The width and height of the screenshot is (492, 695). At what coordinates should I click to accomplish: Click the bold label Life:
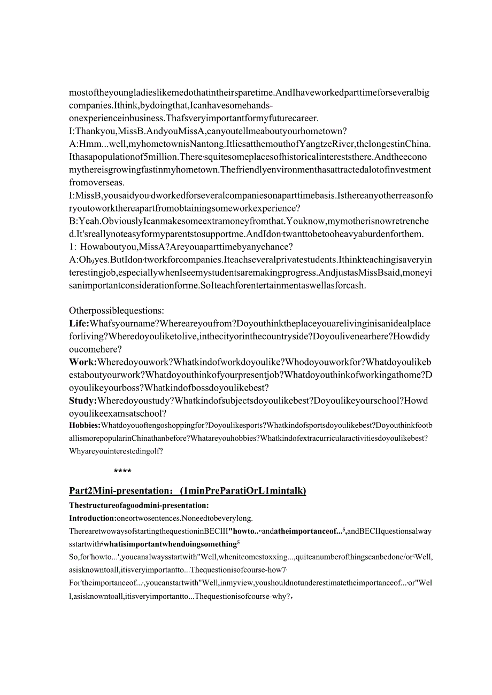(x=79, y=324)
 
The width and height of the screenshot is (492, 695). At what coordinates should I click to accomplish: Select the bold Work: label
(x=81, y=362)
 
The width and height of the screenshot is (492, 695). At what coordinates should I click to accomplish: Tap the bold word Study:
(x=83, y=401)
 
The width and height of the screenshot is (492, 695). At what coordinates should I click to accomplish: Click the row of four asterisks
(x=122, y=471)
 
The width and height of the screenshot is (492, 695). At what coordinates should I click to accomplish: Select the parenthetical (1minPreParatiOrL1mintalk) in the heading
(x=243, y=491)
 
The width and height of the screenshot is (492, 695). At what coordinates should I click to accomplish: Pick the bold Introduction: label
(x=93, y=518)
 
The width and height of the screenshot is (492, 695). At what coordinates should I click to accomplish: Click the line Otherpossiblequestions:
(x=117, y=311)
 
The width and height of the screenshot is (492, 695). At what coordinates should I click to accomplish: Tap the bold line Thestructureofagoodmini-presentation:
(x=139, y=505)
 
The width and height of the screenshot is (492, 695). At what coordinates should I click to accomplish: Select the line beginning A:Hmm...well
(x=250, y=144)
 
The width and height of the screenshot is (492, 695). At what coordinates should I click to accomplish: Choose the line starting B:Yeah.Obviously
(x=249, y=221)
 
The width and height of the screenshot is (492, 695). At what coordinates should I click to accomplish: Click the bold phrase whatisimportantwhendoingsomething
(x=170, y=544)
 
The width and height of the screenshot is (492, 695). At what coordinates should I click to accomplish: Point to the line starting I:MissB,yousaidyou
(x=251, y=196)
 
